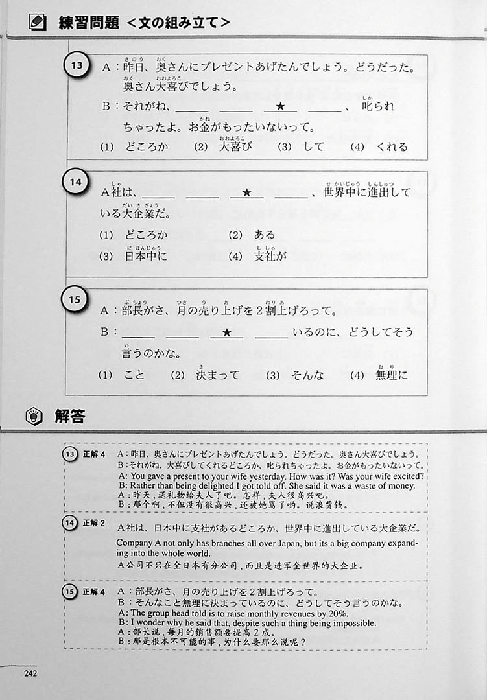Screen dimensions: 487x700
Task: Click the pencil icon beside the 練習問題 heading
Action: point(37,22)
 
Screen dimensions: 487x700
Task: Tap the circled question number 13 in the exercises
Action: point(77,65)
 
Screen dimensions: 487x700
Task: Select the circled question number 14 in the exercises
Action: point(75,182)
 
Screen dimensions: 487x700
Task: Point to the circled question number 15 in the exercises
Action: point(74,299)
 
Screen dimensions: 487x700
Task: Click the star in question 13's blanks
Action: point(280,106)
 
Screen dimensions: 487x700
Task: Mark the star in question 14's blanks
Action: point(246,193)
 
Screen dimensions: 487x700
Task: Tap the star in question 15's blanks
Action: point(226,332)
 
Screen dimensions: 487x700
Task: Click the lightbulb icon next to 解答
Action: point(34,417)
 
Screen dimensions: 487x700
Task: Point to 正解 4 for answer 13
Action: point(94,454)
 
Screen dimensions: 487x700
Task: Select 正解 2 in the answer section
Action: point(93,523)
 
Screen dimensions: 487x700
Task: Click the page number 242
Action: point(30,673)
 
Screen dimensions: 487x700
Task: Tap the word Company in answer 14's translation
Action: point(134,543)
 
